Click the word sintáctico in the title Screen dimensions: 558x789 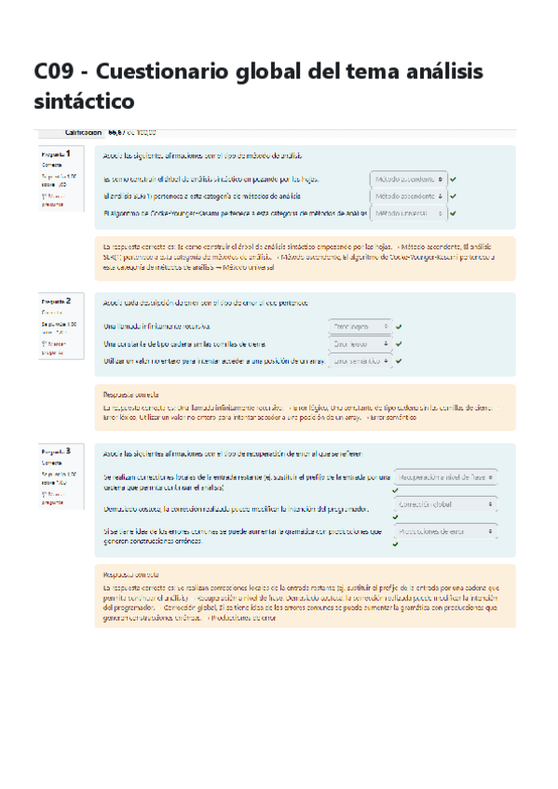pyautogui.click(x=84, y=100)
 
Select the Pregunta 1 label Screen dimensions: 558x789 pyautogui.click(x=61, y=152)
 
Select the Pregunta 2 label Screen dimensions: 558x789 pyautogui.click(x=61, y=301)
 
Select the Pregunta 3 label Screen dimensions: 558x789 pyautogui.click(x=61, y=451)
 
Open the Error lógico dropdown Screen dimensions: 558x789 pyautogui.click(x=360, y=327)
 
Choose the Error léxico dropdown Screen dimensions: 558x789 pyautogui.click(x=360, y=343)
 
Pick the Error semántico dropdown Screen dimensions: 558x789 pyautogui.click(x=360, y=361)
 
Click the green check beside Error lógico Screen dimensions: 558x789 pyautogui.click(x=399, y=327)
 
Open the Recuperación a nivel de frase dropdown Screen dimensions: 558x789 pyautogui.click(x=445, y=477)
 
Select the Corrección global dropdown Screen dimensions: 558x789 pyautogui.click(x=445, y=503)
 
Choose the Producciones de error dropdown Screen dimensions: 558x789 pyautogui.click(x=445, y=531)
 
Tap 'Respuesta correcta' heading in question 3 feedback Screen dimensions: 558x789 pyautogui.click(x=130, y=575)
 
